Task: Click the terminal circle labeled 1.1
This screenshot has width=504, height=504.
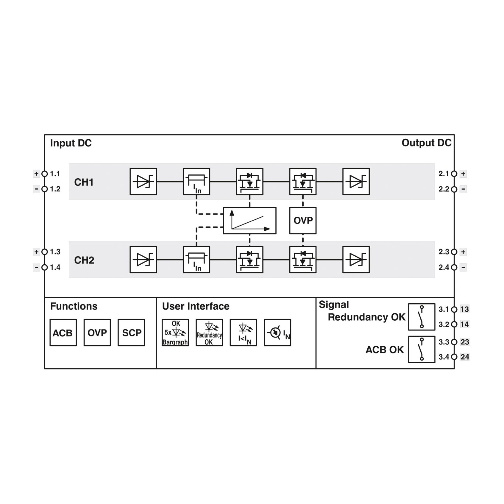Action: [x=45, y=174]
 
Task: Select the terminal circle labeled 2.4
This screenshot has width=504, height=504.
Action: [x=454, y=267]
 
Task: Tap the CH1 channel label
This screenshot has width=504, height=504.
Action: [x=84, y=182]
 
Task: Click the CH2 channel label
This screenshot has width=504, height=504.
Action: [x=84, y=260]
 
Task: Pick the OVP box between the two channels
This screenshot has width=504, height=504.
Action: [x=303, y=221]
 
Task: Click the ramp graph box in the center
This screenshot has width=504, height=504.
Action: [x=249, y=221]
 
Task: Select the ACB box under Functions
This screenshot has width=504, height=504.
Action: [x=63, y=333]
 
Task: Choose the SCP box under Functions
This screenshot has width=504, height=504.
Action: [x=131, y=333]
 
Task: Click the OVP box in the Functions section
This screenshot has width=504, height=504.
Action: [x=97, y=333]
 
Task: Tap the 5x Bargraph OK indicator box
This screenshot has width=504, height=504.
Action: [x=175, y=333]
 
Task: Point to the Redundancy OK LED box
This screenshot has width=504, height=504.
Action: [x=209, y=333]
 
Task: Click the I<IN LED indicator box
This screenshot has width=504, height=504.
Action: [x=244, y=333]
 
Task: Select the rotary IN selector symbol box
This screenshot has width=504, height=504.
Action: [x=277, y=333]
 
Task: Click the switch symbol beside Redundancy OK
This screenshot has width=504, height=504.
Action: [x=422, y=317]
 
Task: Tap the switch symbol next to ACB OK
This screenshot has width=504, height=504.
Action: [x=422, y=349]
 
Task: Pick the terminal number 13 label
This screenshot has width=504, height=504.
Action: [x=465, y=309]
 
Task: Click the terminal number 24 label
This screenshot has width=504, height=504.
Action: [x=465, y=357]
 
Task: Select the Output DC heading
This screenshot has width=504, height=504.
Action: [x=426, y=143]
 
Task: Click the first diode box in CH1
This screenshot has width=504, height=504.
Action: [x=143, y=182]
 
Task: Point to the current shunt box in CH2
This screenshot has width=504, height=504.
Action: [x=196, y=260]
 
